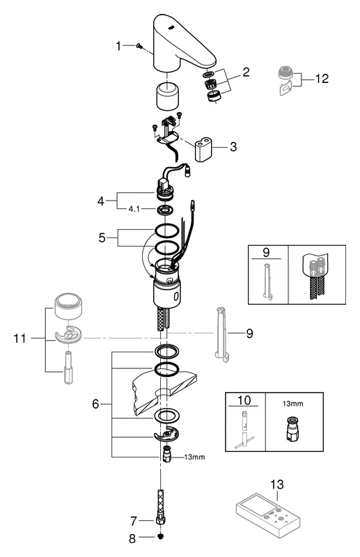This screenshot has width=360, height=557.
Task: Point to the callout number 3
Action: (233, 147)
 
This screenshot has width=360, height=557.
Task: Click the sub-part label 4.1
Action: (133, 207)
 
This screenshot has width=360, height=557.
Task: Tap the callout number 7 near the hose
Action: (135, 520)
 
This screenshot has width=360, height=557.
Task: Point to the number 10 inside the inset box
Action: (244, 401)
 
